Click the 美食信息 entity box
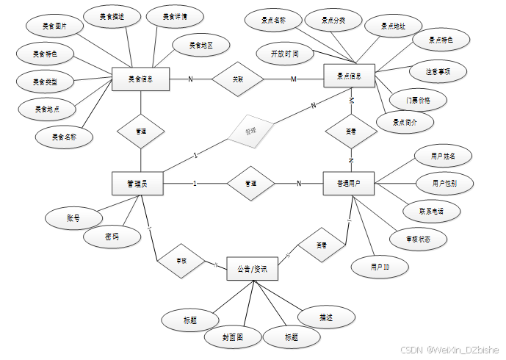[140, 79]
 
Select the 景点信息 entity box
[350, 76]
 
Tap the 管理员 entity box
[137, 184]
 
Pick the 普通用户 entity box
[349, 184]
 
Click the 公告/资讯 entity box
[252, 269]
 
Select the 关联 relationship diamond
[237, 79]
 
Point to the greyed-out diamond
[250, 132]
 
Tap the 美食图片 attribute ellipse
[54, 26]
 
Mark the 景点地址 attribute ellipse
[393, 26]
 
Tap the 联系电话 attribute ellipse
[430, 211]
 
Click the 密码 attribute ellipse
[112, 237]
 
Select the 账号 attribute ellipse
[73, 218]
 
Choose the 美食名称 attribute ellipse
[64, 137]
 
